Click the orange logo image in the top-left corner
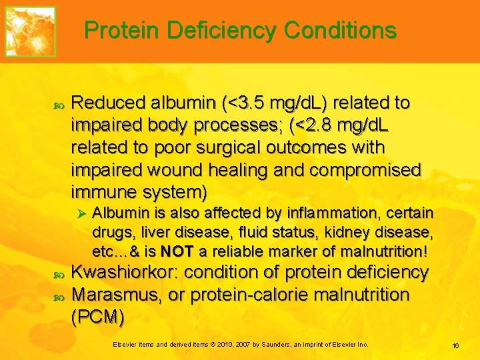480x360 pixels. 31,31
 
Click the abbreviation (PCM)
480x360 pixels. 97,317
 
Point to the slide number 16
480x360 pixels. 456,345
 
